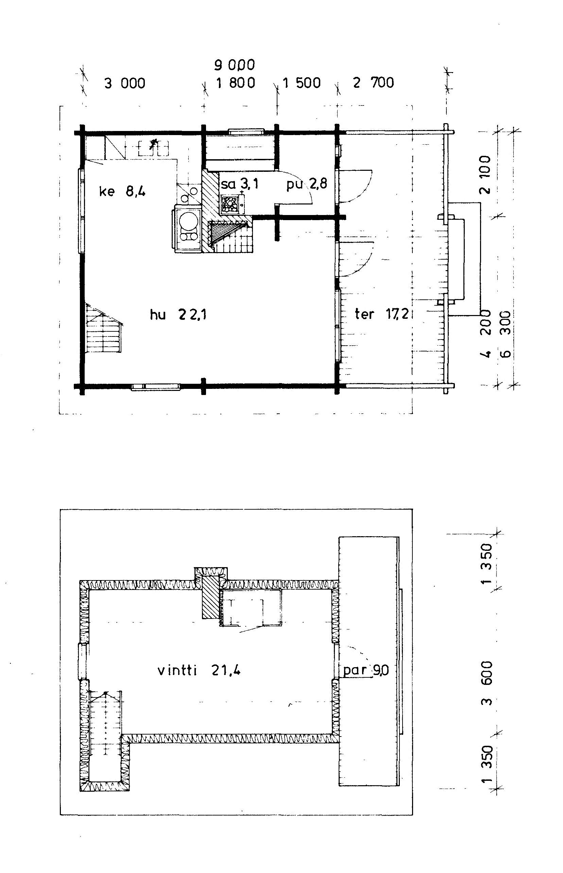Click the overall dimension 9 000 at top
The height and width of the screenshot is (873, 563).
[x=234, y=65]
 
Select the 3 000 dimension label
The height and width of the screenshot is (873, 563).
[x=125, y=83]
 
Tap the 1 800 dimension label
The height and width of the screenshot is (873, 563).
[x=236, y=83]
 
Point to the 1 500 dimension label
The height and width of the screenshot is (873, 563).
[x=302, y=83]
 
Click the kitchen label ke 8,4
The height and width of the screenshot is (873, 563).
[x=122, y=191]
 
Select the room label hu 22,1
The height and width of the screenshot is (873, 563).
[x=178, y=314]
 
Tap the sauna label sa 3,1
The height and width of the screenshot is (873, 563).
[x=239, y=184]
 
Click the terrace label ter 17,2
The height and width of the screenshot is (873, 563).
[x=381, y=313]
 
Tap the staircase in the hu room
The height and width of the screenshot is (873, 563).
[x=103, y=328]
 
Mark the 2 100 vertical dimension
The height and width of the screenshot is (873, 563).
[x=485, y=175]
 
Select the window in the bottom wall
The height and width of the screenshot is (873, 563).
[x=156, y=386]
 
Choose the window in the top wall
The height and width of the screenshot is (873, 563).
[x=246, y=131]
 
